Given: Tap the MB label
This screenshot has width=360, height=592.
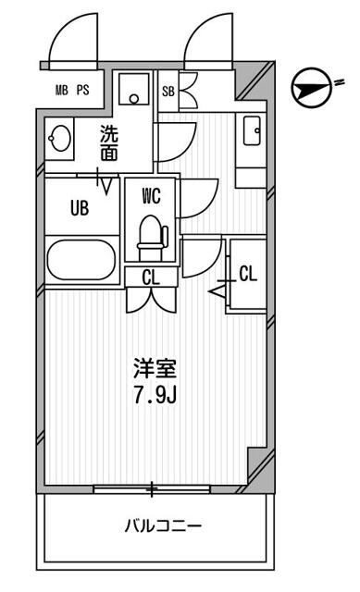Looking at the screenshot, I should click(62, 90).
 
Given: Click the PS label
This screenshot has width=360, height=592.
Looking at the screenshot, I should click(83, 90).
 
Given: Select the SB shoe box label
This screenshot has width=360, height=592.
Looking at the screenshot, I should click(168, 91).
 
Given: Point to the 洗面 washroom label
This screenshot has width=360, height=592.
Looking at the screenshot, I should click(110, 143).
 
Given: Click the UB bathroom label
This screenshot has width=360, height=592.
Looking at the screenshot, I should click(80, 208).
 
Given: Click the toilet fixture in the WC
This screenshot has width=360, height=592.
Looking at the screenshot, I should click(150, 236).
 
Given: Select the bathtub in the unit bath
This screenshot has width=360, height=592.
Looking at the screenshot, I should click(81, 260).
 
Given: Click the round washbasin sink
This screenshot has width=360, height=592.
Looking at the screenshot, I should click(61, 140).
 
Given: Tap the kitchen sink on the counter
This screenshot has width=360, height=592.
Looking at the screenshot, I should click(251, 130).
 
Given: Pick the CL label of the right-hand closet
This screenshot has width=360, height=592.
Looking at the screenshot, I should click(248, 273).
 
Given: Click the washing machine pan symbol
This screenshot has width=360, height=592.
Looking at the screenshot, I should click(134, 91).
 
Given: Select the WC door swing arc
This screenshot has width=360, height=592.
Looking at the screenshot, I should click(197, 196).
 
